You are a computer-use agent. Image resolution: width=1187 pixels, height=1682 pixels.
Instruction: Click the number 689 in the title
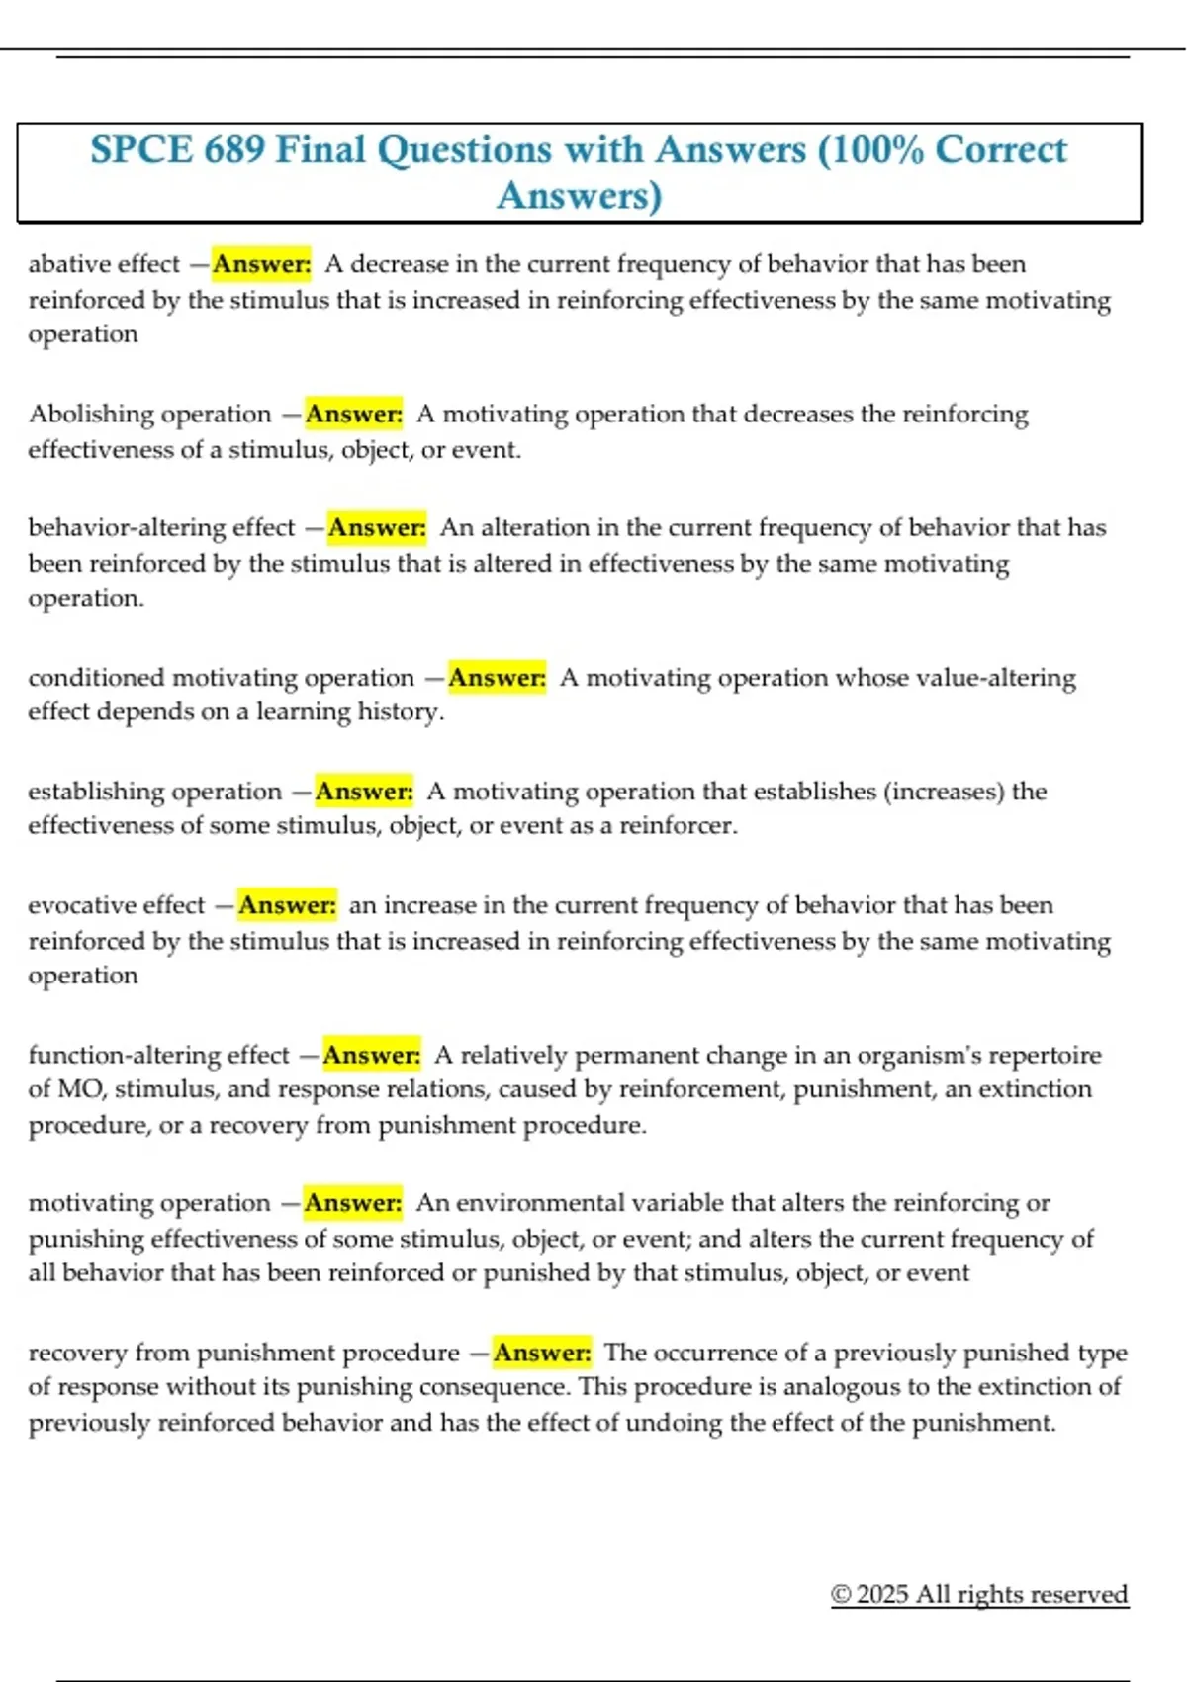pos(233,150)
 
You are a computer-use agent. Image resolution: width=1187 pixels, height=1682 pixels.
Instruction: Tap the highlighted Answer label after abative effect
pos(261,264)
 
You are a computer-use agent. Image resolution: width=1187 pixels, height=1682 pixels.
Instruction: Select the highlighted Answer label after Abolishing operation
pos(353,414)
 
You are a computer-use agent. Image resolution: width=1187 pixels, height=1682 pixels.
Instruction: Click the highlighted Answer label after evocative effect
pos(287,905)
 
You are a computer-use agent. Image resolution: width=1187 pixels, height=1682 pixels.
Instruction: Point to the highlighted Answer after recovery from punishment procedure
pos(542,1353)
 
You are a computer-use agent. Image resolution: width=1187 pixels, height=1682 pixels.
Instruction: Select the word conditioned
pos(96,678)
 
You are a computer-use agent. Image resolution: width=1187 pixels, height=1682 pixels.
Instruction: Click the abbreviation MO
pos(80,1089)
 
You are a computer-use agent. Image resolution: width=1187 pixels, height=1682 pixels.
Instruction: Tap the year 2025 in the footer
pos(882,1594)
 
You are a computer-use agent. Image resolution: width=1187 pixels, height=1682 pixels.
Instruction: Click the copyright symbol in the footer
pos(841,1594)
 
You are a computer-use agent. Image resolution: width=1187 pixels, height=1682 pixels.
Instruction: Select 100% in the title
pos(870,150)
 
